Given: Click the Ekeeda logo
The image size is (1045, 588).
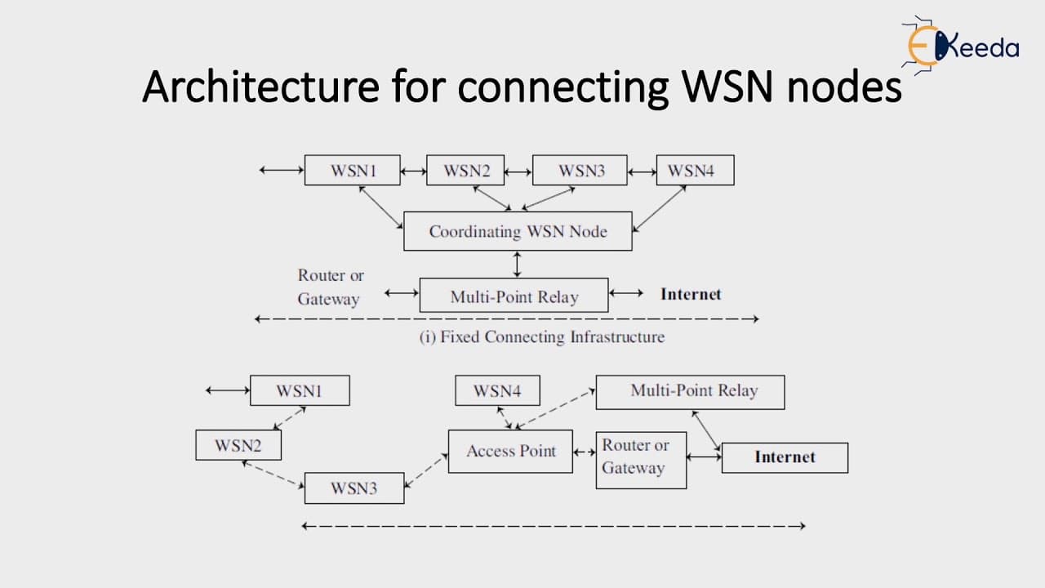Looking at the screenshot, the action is (960, 46).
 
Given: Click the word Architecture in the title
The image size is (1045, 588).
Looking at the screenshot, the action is (260, 87).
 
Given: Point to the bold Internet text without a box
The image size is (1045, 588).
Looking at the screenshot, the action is (691, 294).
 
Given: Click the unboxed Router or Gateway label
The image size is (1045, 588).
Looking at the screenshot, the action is (331, 287).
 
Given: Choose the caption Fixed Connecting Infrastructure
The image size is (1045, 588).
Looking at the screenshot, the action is (541, 336).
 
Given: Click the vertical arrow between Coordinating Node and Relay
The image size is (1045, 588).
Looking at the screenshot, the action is (517, 265).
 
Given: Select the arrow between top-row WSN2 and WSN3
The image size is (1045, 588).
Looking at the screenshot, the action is (518, 172).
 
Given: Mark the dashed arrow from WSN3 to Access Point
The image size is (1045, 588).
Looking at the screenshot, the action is (426, 470).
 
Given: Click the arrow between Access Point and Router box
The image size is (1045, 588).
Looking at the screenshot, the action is (585, 452).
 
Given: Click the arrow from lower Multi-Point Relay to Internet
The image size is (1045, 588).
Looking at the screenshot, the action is (706, 430).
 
